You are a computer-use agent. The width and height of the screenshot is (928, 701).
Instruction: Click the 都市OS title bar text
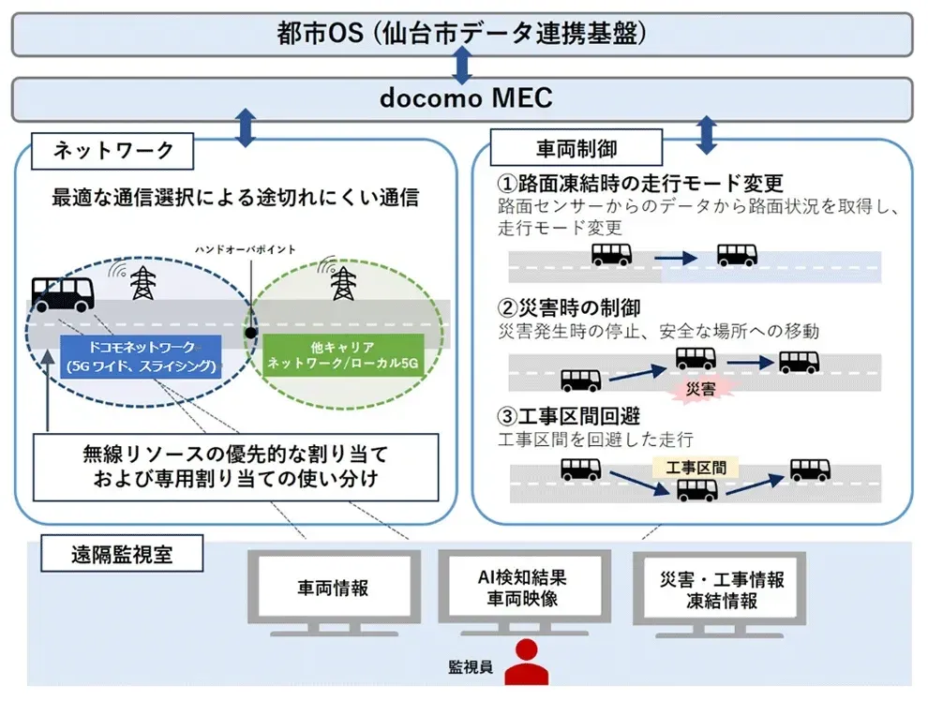pyautogui.click(x=462, y=34)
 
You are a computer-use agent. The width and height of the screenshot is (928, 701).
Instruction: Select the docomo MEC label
pyautogui.click(x=462, y=97)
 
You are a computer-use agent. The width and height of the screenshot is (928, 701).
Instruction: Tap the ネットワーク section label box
pyautogui.click(x=111, y=150)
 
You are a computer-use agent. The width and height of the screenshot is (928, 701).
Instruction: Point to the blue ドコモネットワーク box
pyautogui.click(x=141, y=356)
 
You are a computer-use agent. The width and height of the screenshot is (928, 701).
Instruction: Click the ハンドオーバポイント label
pyautogui.click(x=246, y=250)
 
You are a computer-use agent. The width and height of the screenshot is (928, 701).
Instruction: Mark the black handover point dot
pyautogui.click(x=250, y=332)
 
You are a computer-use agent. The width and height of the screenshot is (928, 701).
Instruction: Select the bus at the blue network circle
pyautogui.click(x=63, y=293)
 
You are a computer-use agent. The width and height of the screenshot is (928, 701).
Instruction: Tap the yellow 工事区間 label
pyautogui.click(x=696, y=465)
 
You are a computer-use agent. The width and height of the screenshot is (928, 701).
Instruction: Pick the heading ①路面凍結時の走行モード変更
pyautogui.click(x=639, y=183)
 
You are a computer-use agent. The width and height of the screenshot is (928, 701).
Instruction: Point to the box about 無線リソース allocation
pyautogui.click(x=234, y=467)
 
